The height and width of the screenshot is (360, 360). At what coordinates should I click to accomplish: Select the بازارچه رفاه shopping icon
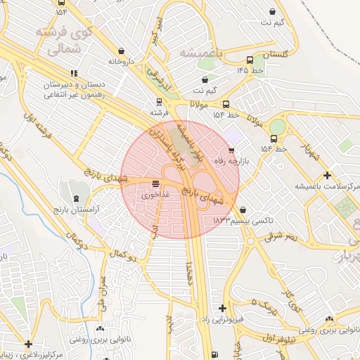point(232,150)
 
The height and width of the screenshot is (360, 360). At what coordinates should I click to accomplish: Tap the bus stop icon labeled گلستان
point(251,60)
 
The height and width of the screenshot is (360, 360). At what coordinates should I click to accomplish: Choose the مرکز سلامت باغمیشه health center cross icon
point(326,175)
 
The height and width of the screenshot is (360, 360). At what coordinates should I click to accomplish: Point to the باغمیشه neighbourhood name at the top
point(200,53)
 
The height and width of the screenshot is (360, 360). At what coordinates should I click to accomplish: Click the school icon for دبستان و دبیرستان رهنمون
point(74,73)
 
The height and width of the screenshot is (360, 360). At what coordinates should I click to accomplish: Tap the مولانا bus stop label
point(201,103)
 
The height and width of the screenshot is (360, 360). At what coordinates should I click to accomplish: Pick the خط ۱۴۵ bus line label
point(252,70)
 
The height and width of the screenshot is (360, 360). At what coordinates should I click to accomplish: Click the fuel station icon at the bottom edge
point(214,354)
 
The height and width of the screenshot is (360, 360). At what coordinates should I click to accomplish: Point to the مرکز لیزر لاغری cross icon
point(28,344)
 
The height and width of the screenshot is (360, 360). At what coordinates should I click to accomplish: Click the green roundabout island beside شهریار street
point(278,127)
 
